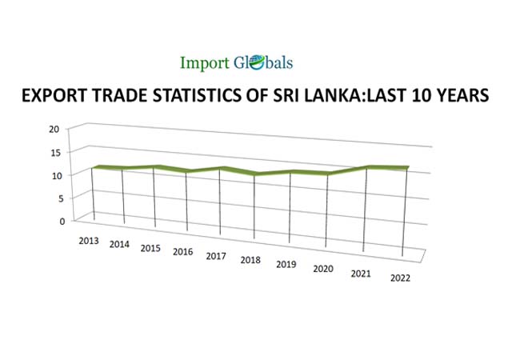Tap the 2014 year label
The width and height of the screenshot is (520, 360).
click(x=119, y=243)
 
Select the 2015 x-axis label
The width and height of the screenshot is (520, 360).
click(x=150, y=248)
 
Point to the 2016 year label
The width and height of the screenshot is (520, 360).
click(x=183, y=252)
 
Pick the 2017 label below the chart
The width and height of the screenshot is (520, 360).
click(x=216, y=256)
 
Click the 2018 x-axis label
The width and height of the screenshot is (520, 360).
click(x=250, y=260)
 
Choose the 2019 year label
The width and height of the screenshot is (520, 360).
click(x=286, y=264)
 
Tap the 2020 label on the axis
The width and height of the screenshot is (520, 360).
click(x=322, y=269)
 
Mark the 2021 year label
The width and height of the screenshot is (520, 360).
click(x=361, y=274)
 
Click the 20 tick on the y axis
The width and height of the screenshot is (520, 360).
click(x=54, y=130)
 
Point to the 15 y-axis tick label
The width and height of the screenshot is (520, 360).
click(x=54, y=152)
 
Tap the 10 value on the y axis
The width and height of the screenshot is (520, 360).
click(x=54, y=175)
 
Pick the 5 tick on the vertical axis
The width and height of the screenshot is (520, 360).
click(x=57, y=198)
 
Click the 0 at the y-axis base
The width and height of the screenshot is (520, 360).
click(x=57, y=221)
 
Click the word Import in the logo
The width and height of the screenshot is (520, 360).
click(x=205, y=62)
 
